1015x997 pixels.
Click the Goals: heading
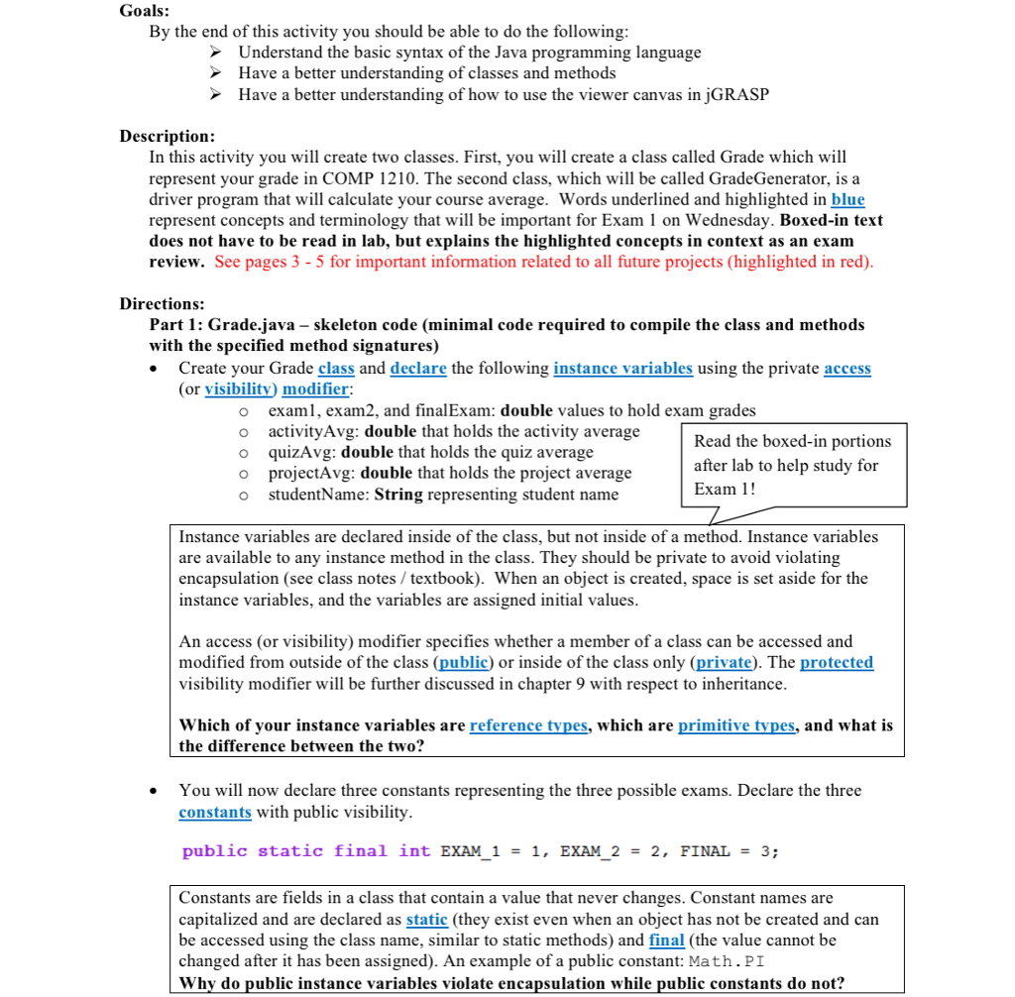(144, 11)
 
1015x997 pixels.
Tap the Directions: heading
(162, 303)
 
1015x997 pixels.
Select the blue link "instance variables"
(622, 368)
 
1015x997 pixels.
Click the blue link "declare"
(418, 368)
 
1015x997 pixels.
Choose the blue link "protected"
(837, 662)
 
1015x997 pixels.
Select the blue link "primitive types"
(736, 725)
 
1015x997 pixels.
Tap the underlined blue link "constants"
(215, 812)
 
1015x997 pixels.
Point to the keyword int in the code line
(414, 851)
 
